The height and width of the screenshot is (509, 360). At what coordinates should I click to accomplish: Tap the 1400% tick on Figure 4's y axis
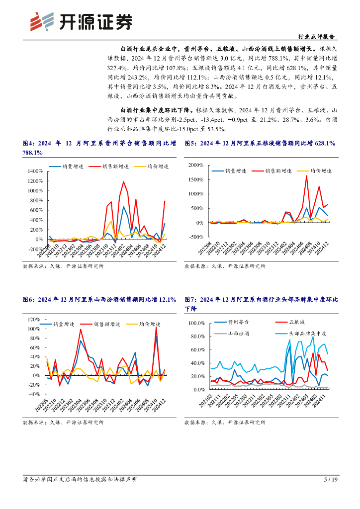point(34,170)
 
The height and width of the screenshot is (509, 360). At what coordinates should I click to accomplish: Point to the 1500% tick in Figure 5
point(196,179)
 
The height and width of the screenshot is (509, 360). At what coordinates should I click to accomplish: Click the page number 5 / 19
point(331,480)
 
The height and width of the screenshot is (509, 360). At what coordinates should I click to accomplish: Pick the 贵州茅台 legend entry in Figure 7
point(239,322)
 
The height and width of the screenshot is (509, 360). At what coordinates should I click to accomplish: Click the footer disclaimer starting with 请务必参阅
point(80,480)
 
